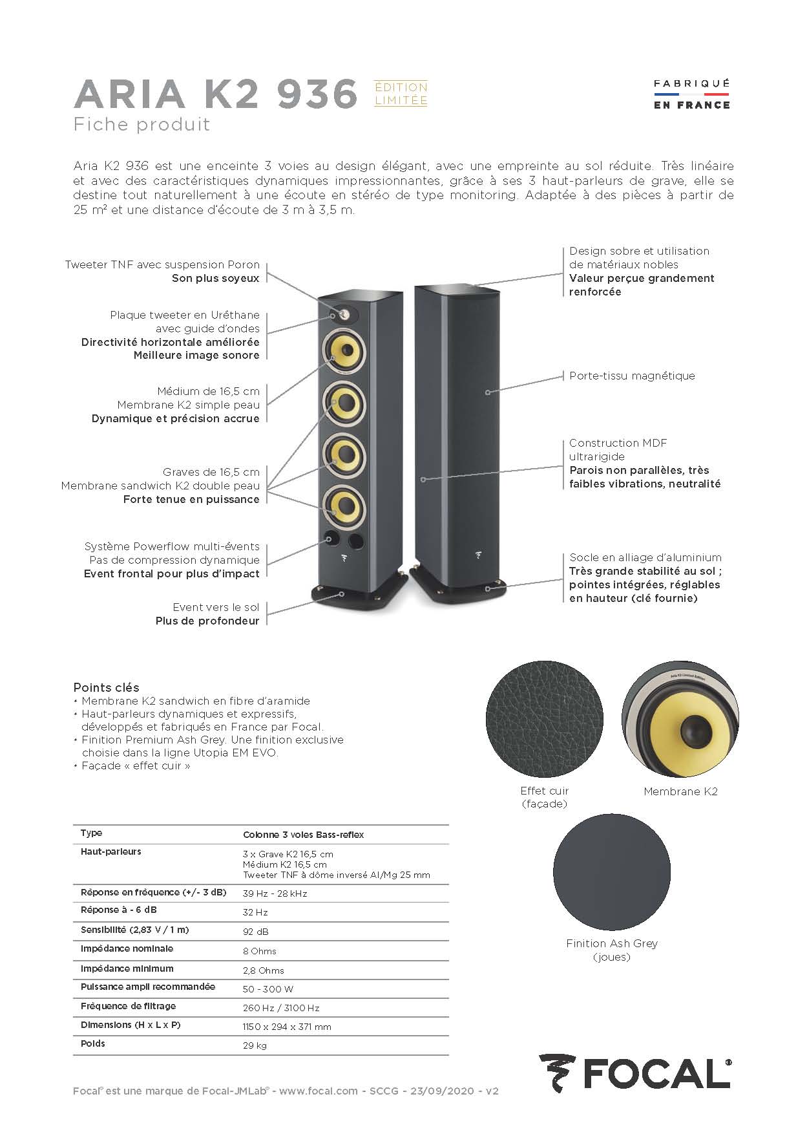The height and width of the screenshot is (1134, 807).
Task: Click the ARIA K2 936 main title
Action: point(216,94)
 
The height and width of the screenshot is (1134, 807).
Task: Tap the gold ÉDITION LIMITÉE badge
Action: point(401,94)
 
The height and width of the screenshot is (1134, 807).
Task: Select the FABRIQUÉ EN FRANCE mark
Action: point(691,94)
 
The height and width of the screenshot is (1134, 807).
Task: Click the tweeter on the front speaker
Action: point(344,315)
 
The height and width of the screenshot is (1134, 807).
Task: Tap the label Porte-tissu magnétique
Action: point(632,376)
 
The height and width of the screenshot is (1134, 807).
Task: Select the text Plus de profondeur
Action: point(207,621)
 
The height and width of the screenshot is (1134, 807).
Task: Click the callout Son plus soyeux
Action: point(215,278)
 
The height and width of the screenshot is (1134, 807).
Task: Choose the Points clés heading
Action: point(106,687)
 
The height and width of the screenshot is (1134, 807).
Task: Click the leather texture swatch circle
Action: point(544,719)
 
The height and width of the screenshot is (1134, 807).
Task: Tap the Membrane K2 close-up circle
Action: point(680,719)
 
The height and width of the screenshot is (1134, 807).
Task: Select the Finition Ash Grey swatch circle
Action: point(611,870)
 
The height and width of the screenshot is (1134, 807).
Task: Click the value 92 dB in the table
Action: point(255,932)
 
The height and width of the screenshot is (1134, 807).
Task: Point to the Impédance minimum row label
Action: point(127,968)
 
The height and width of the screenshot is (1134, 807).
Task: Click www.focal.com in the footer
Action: point(319,1091)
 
